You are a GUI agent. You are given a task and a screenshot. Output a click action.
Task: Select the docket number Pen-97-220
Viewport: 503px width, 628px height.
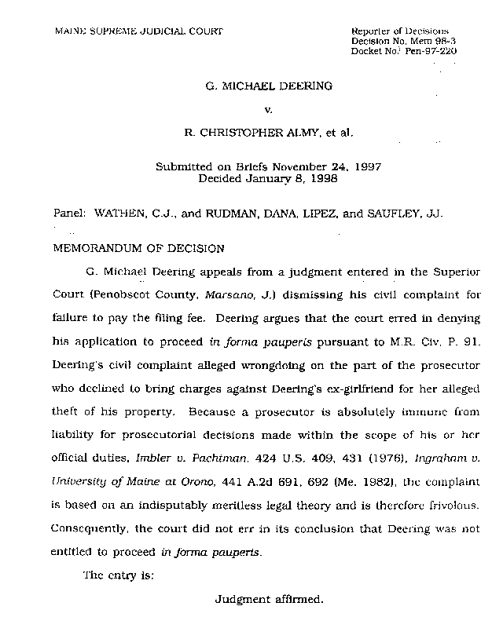click(428, 51)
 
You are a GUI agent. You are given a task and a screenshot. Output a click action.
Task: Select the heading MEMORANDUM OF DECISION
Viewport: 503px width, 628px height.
click(138, 249)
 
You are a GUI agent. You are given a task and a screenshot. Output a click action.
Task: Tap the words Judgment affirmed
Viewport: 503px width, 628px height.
click(269, 600)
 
